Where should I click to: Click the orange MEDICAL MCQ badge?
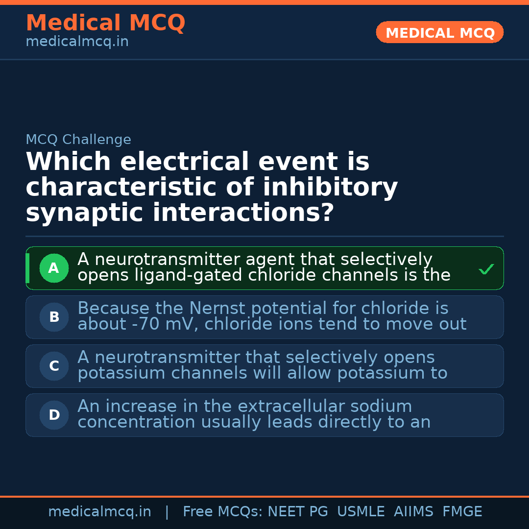click(439, 32)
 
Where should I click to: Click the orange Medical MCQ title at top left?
click(106, 23)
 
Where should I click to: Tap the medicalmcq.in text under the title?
click(77, 42)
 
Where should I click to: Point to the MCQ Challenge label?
click(78, 139)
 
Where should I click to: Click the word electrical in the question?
click(185, 161)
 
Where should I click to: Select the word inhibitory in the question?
click(330, 187)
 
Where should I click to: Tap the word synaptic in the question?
click(84, 213)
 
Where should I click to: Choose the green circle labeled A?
click(54, 268)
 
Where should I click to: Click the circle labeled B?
click(54, 317)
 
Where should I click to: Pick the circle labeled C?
click(54, 366)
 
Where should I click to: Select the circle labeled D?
click(54, 415)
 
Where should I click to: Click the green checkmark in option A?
click(486, 269)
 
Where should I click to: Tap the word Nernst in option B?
click(217, 308)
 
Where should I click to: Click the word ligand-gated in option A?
click(188, 275)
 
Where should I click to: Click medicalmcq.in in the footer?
click(100, 511)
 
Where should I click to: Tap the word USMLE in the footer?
click(361, 511)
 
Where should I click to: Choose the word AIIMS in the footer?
click(413, 511)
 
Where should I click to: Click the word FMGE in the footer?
click(462, 511)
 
